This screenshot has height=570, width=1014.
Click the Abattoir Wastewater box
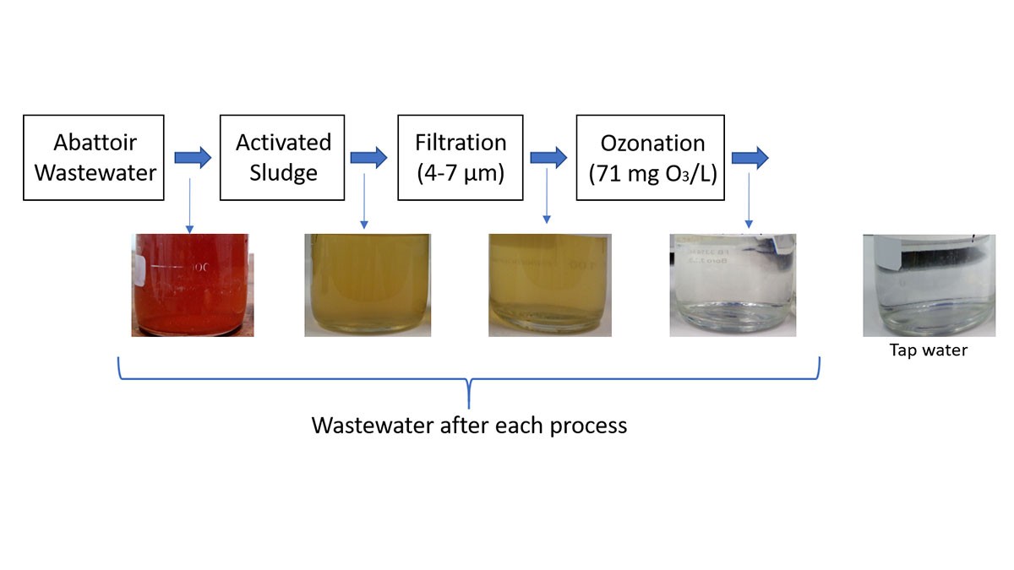[x=93, y=158]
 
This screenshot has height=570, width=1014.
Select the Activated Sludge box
[x=283, y=158]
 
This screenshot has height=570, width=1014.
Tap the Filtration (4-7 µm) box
[x=461, y=158]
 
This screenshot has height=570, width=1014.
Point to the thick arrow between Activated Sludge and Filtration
[x=368, y=158]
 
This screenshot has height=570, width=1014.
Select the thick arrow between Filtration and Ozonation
[x=548, y=158]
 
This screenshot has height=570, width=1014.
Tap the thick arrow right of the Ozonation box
[x=750, y=158]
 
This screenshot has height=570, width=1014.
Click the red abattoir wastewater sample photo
[x=192, y=285]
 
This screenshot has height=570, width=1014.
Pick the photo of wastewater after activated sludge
[x=368, y=285]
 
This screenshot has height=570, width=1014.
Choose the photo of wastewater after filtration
[x=550, y=285]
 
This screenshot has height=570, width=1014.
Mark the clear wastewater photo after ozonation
[x=733, y=285]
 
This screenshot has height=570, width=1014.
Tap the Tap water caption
[x=928, y=350]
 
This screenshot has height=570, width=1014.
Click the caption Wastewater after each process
[x=469, y=425]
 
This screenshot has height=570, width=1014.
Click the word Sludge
[x=283, y=173]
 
